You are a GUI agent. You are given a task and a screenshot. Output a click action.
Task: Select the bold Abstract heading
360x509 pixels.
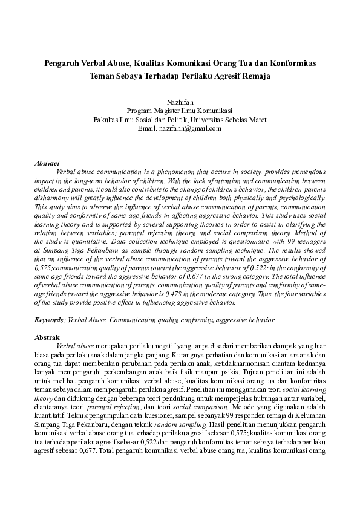pyautogui.click(x=47, y=164)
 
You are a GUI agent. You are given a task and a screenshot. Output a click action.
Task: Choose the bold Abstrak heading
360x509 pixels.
pyautogui.click(x=47, y=337)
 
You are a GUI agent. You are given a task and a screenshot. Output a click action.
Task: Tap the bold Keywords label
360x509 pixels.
pyautogui.click(x=49, y=319)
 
